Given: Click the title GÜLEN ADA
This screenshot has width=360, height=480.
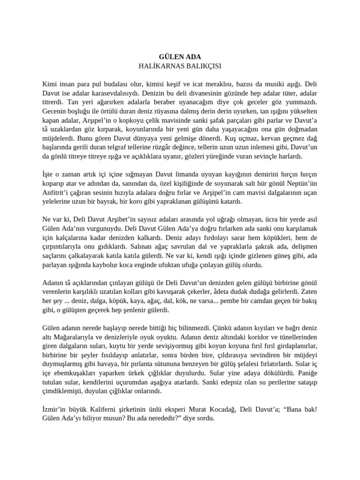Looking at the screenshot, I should (x=180, y=57).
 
